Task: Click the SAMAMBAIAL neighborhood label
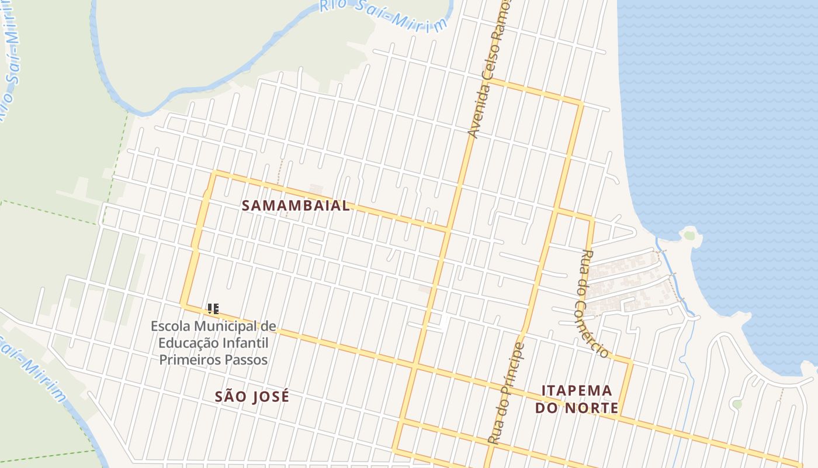coord(296,206)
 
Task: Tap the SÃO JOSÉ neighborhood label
coord(252,397)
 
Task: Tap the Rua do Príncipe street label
coord(506,393)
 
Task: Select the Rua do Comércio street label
coord(595,303)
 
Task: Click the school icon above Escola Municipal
coord(213,308)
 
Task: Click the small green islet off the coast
coord(689,236)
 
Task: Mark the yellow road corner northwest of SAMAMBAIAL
coord(216,173)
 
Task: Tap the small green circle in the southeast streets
coord(737,404)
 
